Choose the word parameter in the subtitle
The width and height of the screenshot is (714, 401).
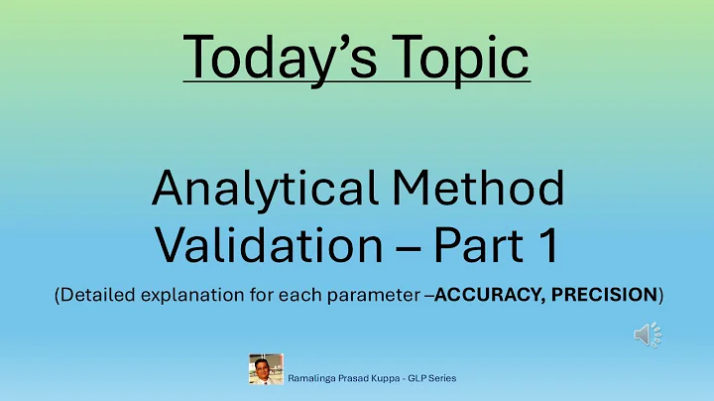click(381, 295)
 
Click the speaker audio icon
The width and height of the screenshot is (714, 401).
click(647, 336)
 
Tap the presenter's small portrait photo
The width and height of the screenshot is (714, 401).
click(266, 369)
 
